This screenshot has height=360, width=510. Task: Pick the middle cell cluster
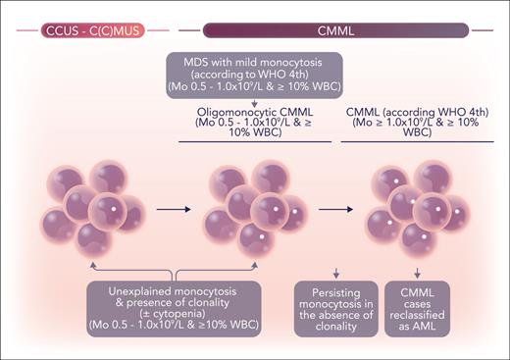(254, 209)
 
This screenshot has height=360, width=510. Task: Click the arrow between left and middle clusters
(174, 209)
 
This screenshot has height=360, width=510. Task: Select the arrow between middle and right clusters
(333, 209)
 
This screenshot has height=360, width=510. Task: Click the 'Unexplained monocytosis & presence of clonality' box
(173, 307)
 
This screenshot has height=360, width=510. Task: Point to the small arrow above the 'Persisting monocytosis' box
(336, 272)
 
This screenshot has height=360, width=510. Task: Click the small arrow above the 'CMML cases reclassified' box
(420, 272)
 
